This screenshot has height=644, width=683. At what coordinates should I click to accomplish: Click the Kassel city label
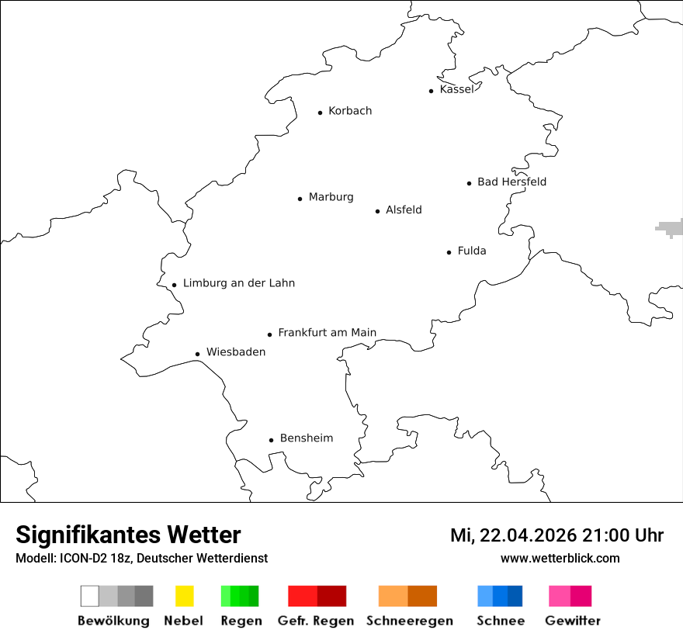[x=456, y=89]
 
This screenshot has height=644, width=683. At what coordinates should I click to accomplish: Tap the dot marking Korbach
[x=320, y=113]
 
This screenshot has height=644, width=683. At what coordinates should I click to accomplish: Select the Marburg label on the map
[x=331, y=197]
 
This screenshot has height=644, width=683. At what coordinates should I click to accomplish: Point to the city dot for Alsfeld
[x=378, y=211]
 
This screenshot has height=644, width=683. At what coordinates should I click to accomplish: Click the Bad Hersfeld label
[x=511, y=182]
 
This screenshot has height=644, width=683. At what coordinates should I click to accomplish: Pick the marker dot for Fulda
[x=449, y=252]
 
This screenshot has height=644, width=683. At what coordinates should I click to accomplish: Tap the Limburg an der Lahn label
[x=238, y=283]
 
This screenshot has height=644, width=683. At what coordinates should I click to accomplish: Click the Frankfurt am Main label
[x=327, y=333]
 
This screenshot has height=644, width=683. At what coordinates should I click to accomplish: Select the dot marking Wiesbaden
[x=197, y=354]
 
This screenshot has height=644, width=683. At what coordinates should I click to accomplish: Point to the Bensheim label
[x=306, y=438]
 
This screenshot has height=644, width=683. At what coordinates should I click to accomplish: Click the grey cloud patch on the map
[x=668, y=227]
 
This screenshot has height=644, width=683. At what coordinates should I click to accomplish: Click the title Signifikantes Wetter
[x=128, y=535]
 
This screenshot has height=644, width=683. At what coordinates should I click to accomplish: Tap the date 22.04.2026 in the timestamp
[x=528, y=535]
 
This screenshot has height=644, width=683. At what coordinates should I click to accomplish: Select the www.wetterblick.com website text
[x=560, y=558]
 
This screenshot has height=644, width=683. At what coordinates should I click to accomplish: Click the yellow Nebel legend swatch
[x=184, y=596]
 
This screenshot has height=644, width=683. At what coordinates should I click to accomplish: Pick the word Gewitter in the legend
[x=573, y=621]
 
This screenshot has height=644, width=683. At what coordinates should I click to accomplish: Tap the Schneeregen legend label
[x=408, y=621]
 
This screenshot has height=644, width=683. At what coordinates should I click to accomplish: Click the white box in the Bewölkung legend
[x=90, y=596]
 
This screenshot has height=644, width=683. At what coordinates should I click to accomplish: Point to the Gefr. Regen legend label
[x=316, y=621]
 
